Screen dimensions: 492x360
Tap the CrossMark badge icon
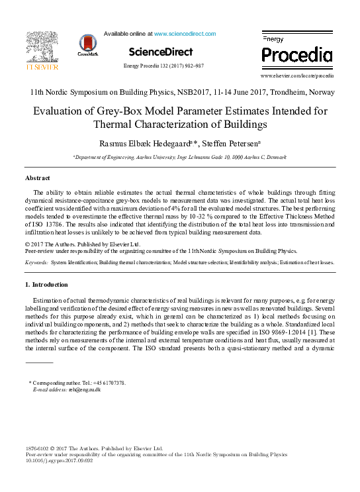coord(87,45)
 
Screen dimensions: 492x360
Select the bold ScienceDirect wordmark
coord(161,52)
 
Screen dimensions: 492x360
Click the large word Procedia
coord(297,54)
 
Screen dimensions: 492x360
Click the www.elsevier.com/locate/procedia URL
coord(297,76)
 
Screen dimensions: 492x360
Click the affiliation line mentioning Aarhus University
coord(179,157)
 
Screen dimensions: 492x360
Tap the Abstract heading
coord(38,178)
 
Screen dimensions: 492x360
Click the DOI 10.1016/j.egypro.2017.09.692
coord(59,461)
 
